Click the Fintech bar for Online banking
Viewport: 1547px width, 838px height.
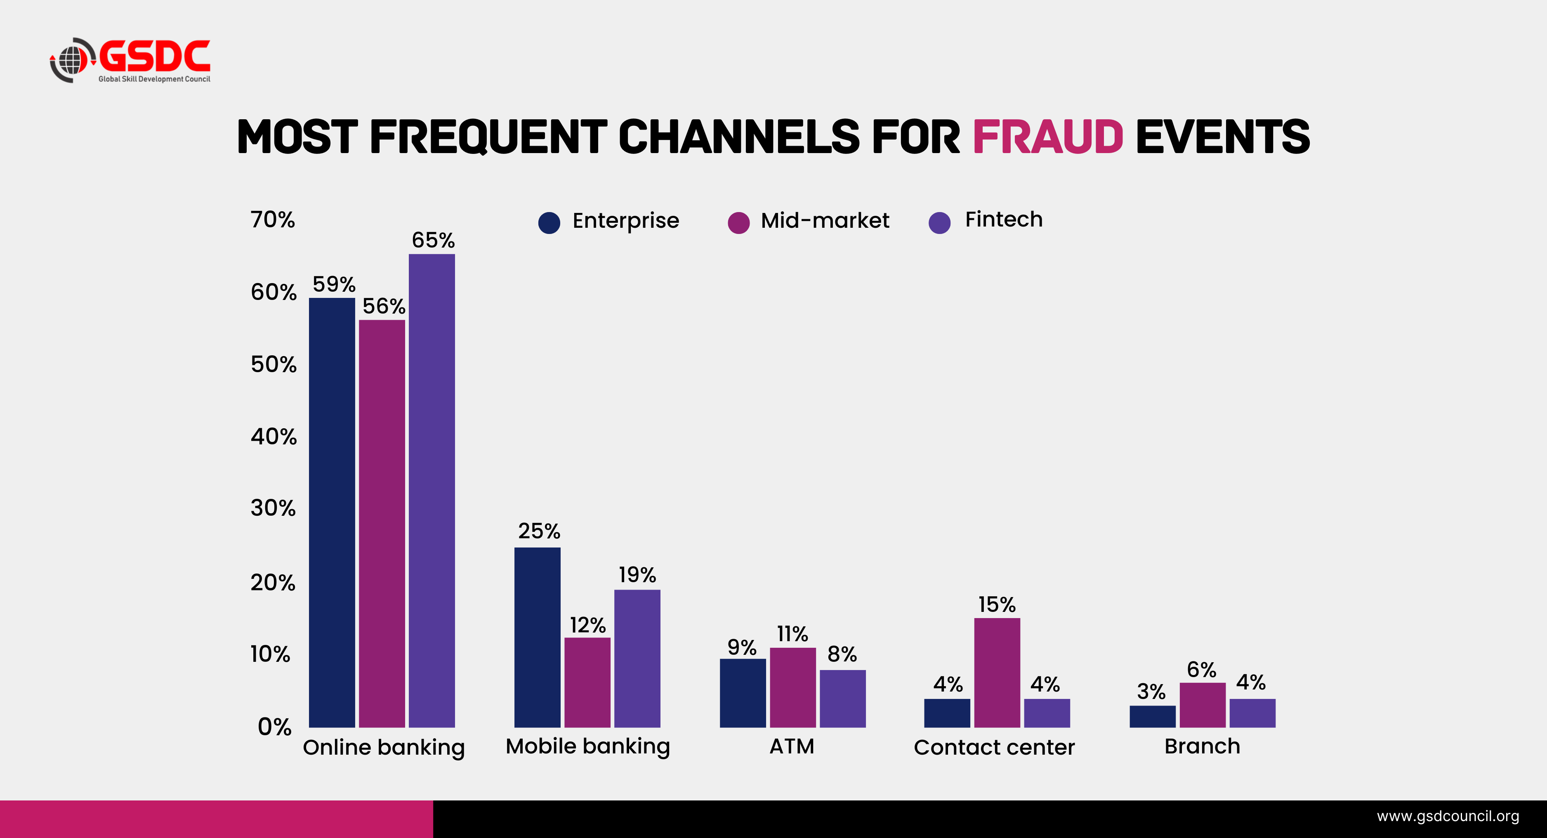432,490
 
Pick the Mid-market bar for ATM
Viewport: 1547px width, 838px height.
793,687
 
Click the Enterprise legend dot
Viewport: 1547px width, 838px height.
549,222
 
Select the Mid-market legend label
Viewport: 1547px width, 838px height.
825,220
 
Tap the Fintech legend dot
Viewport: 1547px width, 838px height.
939,222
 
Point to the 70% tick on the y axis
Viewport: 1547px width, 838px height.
273,220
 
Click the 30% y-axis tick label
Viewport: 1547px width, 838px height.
273,508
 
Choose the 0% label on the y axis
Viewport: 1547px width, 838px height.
274,727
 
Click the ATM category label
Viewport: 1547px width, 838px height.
792,746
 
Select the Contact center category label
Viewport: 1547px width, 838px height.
994,747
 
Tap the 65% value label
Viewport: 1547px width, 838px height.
433,240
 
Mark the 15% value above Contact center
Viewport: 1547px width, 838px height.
997,604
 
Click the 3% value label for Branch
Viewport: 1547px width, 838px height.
1151,692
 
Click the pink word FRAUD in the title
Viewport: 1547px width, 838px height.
1047,137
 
